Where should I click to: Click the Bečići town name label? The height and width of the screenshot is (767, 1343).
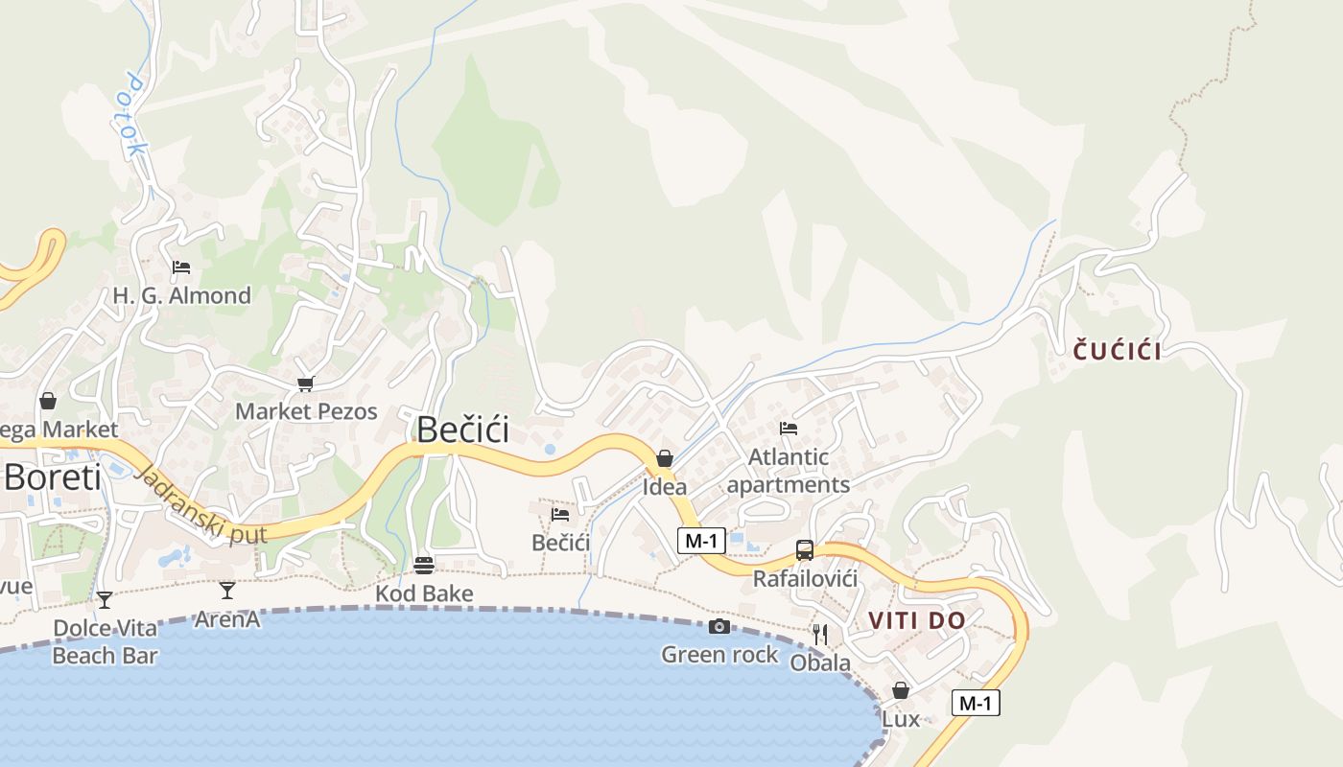[x=462, y=430]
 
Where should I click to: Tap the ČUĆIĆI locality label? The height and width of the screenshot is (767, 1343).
[x=1117, y=351]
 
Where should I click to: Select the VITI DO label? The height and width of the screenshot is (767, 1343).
[x=917, y=620]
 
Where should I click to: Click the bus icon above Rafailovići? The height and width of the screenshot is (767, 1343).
[x=805, y=550]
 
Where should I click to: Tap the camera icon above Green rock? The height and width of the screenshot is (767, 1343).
[x=719, y=627]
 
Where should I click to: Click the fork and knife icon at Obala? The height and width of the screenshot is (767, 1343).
[x=820, y=634]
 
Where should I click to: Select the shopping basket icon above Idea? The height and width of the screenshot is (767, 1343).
[x=665, y=458]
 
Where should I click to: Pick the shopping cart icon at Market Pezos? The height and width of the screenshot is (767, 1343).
[x=306, y=383]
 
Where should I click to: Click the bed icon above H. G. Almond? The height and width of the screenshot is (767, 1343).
[x=181, y=267]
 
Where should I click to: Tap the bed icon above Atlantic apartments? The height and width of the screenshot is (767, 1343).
[x=789, y=429]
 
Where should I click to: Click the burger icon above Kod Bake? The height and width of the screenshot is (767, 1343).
[x=424, y=566]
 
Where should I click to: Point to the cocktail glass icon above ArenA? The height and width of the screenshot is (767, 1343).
[x=227, y=590]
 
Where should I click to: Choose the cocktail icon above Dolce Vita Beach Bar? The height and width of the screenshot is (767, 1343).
[x=105, y=600]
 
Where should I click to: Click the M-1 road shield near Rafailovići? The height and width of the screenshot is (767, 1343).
[x=701, y=541]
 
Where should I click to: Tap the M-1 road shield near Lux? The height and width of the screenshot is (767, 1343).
[x=976, y=704]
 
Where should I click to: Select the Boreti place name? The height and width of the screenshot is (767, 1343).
[x=53, y=476]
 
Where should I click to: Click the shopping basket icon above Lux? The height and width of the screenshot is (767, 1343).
[x=901, y=690]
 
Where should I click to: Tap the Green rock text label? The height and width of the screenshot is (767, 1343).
[x=719, y=655]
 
